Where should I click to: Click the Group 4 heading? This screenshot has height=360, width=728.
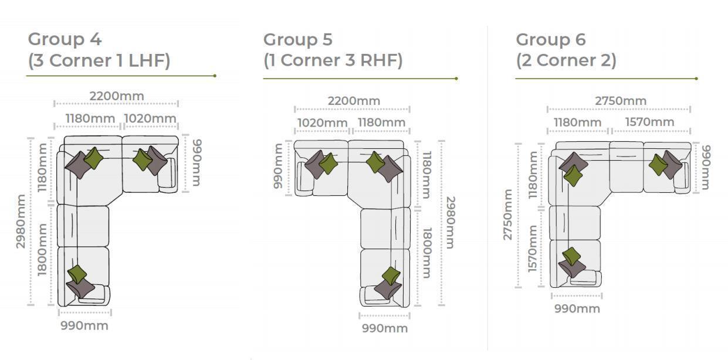[65, 39]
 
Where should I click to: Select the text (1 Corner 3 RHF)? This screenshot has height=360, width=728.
[333, 60]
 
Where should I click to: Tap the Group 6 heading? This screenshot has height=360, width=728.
[551, 40]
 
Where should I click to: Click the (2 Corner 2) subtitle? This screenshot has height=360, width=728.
[566, 60]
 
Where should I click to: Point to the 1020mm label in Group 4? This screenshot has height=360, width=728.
[150, 118]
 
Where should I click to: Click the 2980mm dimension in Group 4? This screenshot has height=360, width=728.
[21, 221]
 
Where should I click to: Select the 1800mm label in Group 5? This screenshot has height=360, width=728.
[427, 253]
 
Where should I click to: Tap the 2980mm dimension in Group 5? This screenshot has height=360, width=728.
[451, 223]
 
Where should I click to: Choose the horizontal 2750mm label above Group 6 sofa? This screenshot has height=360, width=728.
[621, 101]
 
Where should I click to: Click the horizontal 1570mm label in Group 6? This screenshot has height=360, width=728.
[649, 122]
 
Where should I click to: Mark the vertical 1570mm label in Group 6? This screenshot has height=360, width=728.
[532, 249]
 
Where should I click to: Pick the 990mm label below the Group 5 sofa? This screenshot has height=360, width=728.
[385, 328]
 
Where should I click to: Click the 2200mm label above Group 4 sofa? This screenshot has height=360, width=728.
[117, 96]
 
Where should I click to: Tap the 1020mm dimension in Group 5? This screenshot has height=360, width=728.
[323, 123]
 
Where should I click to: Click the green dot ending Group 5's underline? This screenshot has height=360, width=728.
[456, 79]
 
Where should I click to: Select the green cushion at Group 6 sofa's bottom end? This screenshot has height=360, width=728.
[571, 256]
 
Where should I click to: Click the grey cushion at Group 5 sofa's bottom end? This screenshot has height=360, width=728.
[387, 288]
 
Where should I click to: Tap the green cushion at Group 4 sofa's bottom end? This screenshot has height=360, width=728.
[77, 274]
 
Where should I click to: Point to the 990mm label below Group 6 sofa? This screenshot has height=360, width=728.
[577, 308]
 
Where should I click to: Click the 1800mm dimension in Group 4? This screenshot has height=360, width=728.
[42, 250]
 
